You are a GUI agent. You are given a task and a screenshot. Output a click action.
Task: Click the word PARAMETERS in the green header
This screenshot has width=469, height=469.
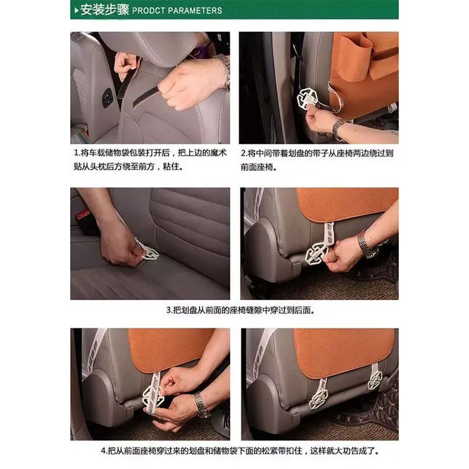pos(195,11)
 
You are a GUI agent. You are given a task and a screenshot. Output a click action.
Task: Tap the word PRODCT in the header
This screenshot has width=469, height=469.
pos(148,11)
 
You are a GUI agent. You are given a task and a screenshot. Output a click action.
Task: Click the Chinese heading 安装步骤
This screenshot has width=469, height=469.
pos(104,10)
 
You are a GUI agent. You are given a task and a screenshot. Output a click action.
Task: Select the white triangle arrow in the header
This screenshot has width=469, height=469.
pos(76,11)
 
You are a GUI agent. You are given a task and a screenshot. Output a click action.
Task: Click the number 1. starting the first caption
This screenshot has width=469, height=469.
pos(77,153)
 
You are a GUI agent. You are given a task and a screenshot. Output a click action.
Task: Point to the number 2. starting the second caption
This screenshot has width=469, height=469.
pos(244,153)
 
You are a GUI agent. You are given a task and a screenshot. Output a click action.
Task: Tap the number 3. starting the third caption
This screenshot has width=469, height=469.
pos(169,310)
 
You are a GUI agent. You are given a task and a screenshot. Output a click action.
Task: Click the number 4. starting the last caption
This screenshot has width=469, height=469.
pos(104,451)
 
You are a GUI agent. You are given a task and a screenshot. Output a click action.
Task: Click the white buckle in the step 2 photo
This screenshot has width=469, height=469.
pos(307,98)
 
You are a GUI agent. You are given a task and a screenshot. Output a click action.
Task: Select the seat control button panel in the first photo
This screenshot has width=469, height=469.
pos(108,98)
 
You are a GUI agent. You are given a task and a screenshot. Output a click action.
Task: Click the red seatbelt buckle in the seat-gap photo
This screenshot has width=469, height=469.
pos(84,216)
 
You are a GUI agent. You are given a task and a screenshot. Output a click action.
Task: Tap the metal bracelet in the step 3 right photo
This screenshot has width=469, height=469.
pos(366,244)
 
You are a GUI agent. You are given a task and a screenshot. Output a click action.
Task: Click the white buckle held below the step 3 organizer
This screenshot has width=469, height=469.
pos(316,253)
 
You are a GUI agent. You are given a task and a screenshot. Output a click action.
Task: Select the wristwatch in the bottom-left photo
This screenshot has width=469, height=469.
pos(201,405)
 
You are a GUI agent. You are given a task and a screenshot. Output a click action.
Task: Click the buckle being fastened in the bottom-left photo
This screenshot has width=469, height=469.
pos(153,396)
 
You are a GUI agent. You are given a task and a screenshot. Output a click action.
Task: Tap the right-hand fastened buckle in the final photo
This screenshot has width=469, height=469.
pos(375,380)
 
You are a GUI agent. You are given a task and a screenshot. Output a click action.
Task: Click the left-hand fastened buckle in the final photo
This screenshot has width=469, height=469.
pos(318,398)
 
